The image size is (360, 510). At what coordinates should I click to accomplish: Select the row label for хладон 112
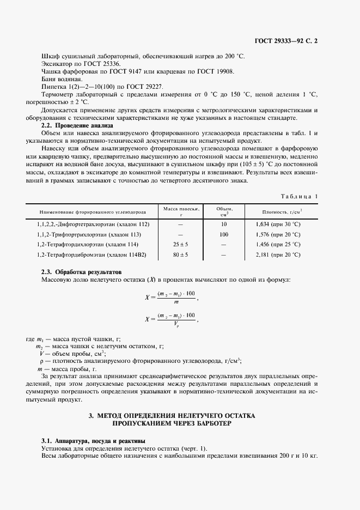93,224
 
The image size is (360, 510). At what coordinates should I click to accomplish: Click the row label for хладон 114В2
95,254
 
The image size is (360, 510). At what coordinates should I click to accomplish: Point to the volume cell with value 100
224,234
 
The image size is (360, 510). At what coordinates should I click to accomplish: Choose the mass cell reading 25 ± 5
181,245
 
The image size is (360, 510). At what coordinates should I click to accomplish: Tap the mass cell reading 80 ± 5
181,254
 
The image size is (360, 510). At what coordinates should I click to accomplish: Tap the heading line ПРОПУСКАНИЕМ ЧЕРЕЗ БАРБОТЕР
172,422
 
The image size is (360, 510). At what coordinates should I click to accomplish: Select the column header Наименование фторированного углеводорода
93,211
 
